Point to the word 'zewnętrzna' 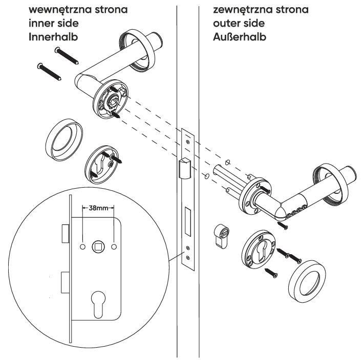(233, 10)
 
